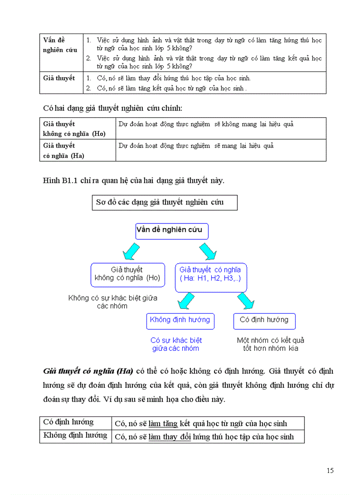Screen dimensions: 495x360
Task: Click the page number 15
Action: click(x=330, y=470)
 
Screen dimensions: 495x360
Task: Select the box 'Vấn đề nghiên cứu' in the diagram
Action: click(x=172, y=231)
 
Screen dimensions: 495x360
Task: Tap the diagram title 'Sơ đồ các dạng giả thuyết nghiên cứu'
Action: click(x=165, y=203)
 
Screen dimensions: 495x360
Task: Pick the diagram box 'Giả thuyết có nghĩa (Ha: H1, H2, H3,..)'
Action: click(x=211, y=275)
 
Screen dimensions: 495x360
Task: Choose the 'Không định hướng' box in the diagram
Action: click(x=180, y=320)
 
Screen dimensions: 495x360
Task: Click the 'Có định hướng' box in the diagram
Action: click(x=264, y=320)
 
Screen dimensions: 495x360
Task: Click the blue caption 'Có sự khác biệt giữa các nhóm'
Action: click(x=176, y=344)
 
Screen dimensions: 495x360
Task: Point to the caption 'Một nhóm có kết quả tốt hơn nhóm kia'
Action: click(x=270, y=344)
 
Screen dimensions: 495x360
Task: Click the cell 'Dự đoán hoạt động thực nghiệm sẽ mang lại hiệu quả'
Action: click(x=196, y=145)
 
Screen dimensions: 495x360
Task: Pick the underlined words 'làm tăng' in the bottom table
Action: click(x=163, y=424)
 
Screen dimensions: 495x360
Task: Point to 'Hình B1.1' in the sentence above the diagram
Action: click(x=61, y=180)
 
